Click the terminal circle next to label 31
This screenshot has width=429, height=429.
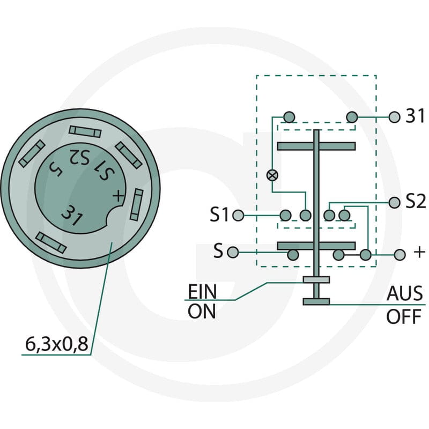point(394,117)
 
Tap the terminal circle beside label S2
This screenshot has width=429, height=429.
point(394,203)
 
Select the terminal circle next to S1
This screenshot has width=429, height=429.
point(238,216)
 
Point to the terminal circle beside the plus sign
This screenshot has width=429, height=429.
point(400,255)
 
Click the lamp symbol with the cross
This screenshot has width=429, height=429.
point(272,175)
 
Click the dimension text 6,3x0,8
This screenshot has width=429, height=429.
point(57,344)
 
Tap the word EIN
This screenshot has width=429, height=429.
point(203,292)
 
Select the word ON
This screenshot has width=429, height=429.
point(202,312)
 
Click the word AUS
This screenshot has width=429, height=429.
point(405,293)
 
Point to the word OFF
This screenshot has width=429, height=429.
point(404,316)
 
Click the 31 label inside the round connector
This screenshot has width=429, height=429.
point(72,216)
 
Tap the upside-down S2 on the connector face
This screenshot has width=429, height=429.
point(79,157)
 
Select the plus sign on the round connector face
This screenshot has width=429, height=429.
point(118,196)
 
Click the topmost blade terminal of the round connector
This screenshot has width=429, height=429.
point(85,131)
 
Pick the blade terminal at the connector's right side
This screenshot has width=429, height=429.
point(137,204)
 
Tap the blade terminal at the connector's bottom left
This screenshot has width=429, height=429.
point(51,243)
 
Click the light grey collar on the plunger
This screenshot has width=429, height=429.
point(316,279)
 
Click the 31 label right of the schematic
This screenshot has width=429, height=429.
point(415,116)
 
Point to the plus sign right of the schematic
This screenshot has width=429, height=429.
point(419,252)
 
